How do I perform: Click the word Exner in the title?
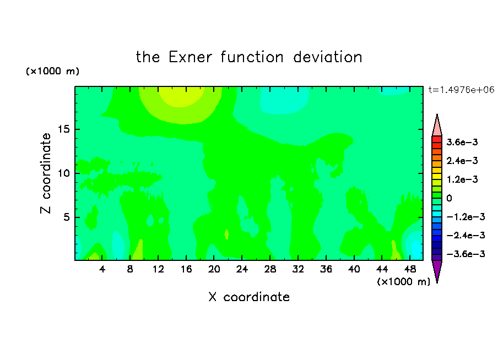pos(190,57)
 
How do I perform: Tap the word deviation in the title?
pos(327,57)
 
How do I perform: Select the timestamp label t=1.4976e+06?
pos(461,90)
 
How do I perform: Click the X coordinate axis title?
pos(249,297)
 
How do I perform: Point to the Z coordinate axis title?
pos(46,173)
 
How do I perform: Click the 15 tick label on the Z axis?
pos(63,129)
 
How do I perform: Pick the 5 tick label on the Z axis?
pos(66,217)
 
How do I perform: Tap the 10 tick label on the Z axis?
pos(63,173)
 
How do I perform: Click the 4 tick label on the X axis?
pos(102,269)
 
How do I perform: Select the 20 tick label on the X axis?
pos(214,269)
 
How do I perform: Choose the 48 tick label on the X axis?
pos(410,269)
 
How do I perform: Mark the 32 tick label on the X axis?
pos(298,269)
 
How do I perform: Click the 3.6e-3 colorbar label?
pos(462,142)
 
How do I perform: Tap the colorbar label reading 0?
pos(449,198)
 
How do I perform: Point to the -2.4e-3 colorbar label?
pos(465,235)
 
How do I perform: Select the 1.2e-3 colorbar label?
pos(462,179)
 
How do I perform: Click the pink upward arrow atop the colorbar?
pos(437,126)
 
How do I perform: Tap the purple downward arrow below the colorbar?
pos(437,271)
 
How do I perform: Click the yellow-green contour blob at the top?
pos(181,96)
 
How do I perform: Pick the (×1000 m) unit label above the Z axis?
pos(53,71)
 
